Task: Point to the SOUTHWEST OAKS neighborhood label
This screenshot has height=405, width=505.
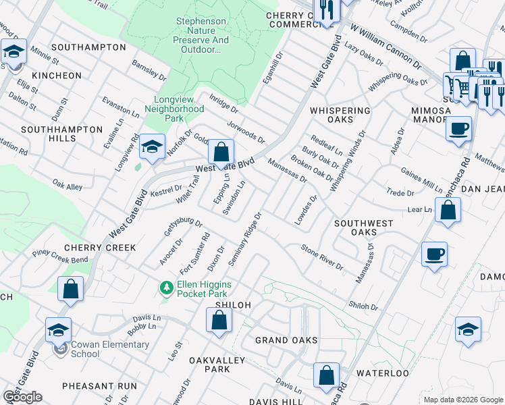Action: coord(364,227)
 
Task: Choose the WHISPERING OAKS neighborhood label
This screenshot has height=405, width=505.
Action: coord(340,115)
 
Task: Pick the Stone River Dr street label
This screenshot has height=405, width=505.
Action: coord(323,256)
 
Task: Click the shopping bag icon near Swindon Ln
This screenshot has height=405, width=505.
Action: coord(221,153)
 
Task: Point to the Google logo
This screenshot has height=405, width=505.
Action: coord(22,397)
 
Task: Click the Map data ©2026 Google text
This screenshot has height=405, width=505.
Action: coord(462,399)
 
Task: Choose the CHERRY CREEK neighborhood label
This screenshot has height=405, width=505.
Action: coord(100,248)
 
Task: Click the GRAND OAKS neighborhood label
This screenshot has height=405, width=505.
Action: coord(286,340)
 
